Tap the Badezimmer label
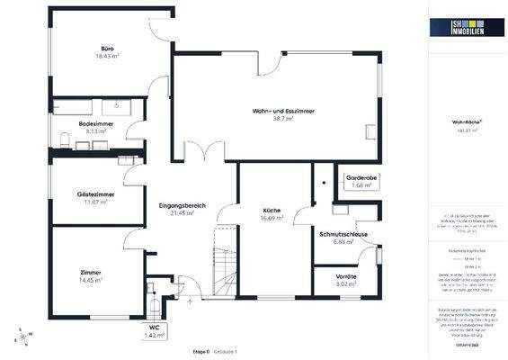point(94,123)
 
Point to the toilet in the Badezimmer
point(67,137)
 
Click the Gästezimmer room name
point(94,194)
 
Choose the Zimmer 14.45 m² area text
point(90,281)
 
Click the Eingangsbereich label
point(182,205)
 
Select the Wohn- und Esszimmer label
point(283,110)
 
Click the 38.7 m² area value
point(283,118)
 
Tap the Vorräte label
point(346,276)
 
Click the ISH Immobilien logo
point(466,29)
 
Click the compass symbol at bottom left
point(20,337)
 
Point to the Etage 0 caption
point(201,350)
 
